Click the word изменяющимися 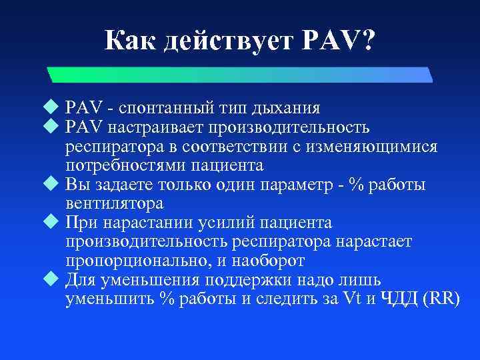[380, 145]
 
